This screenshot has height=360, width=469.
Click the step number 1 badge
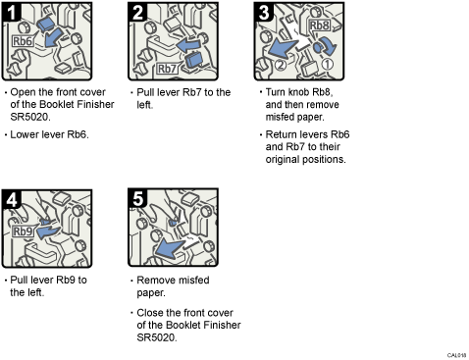13,14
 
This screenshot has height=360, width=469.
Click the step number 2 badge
139,14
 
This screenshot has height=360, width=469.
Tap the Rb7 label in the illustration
168,69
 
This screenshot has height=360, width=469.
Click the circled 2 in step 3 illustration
281,65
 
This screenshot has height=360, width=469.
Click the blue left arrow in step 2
183,45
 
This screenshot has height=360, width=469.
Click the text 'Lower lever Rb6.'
49,133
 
